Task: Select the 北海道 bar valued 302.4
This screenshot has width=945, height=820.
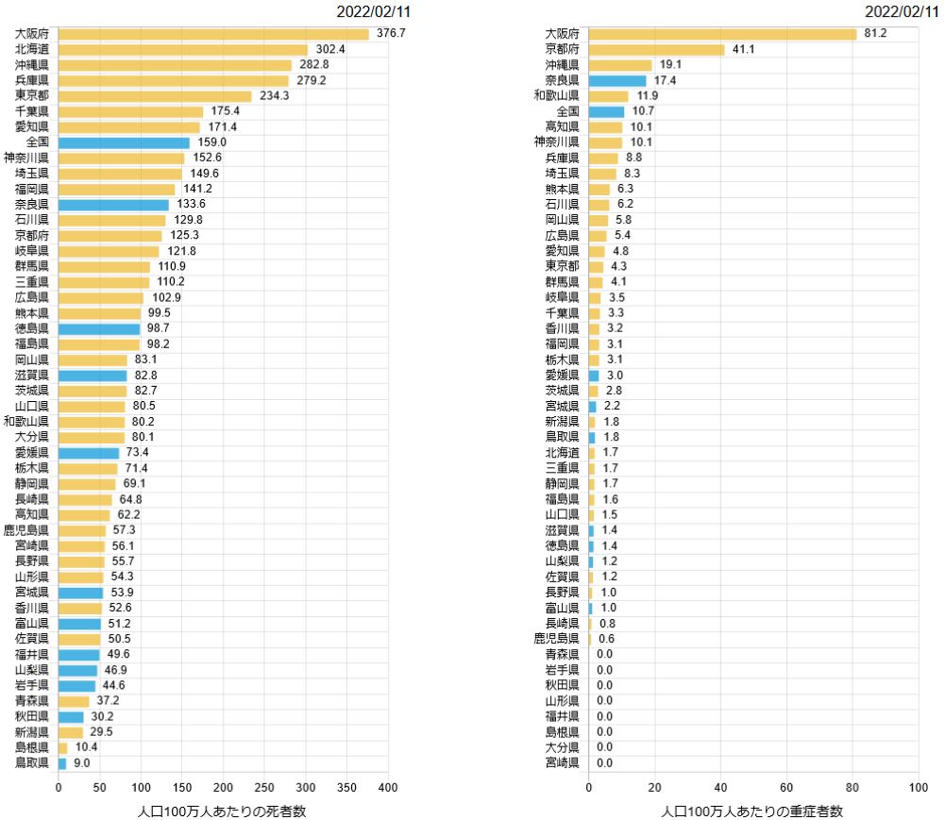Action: (183, 49)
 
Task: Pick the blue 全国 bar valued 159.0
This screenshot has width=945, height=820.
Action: (124, 142)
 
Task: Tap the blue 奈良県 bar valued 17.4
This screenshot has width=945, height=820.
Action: (617, 80)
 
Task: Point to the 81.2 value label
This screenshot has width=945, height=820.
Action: (875, 34)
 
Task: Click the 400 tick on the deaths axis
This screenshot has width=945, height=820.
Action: (388, 787)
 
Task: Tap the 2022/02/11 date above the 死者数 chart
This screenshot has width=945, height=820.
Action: (374, 11)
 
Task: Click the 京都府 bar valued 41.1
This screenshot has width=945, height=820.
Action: (656, 49)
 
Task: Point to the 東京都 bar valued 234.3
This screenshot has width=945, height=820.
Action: (155, 96)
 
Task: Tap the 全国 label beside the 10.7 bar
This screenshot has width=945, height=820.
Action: (567, 111)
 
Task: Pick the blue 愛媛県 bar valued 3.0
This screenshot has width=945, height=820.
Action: (594, 375)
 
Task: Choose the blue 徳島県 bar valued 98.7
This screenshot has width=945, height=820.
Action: (99, 328)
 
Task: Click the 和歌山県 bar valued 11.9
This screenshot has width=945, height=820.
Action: (608, 96)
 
